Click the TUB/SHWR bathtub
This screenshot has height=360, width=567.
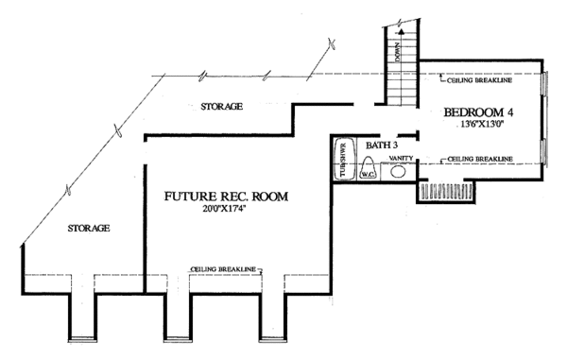click(x=342, y=160)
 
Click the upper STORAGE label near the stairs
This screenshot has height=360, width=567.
click(x=222, y=106)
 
